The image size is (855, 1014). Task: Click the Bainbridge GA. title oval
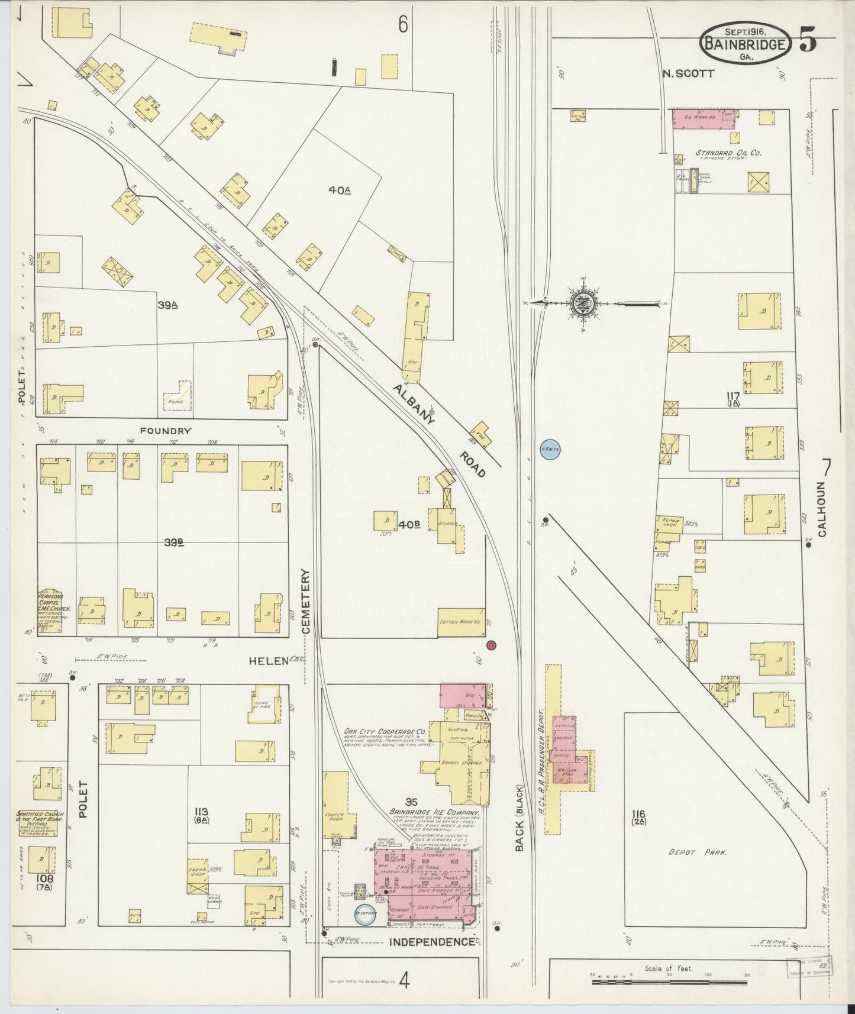point(746,43)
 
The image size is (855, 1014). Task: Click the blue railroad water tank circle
point(550,450)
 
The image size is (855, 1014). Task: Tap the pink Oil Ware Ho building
point(703,118)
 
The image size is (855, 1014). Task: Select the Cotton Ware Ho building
point(460,623)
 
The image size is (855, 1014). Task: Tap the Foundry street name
point(165,431)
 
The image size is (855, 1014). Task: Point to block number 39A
point(168,305)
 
